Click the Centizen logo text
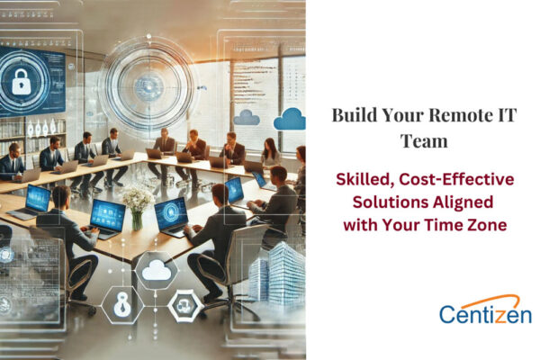pyautogui.click(x=485, y=314)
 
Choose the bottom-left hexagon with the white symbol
pyautogui.click(x=121, y=303)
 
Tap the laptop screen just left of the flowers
pyautogui.click(x=107, y=212)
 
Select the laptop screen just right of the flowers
pyautogui.click(x=171, y=212)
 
